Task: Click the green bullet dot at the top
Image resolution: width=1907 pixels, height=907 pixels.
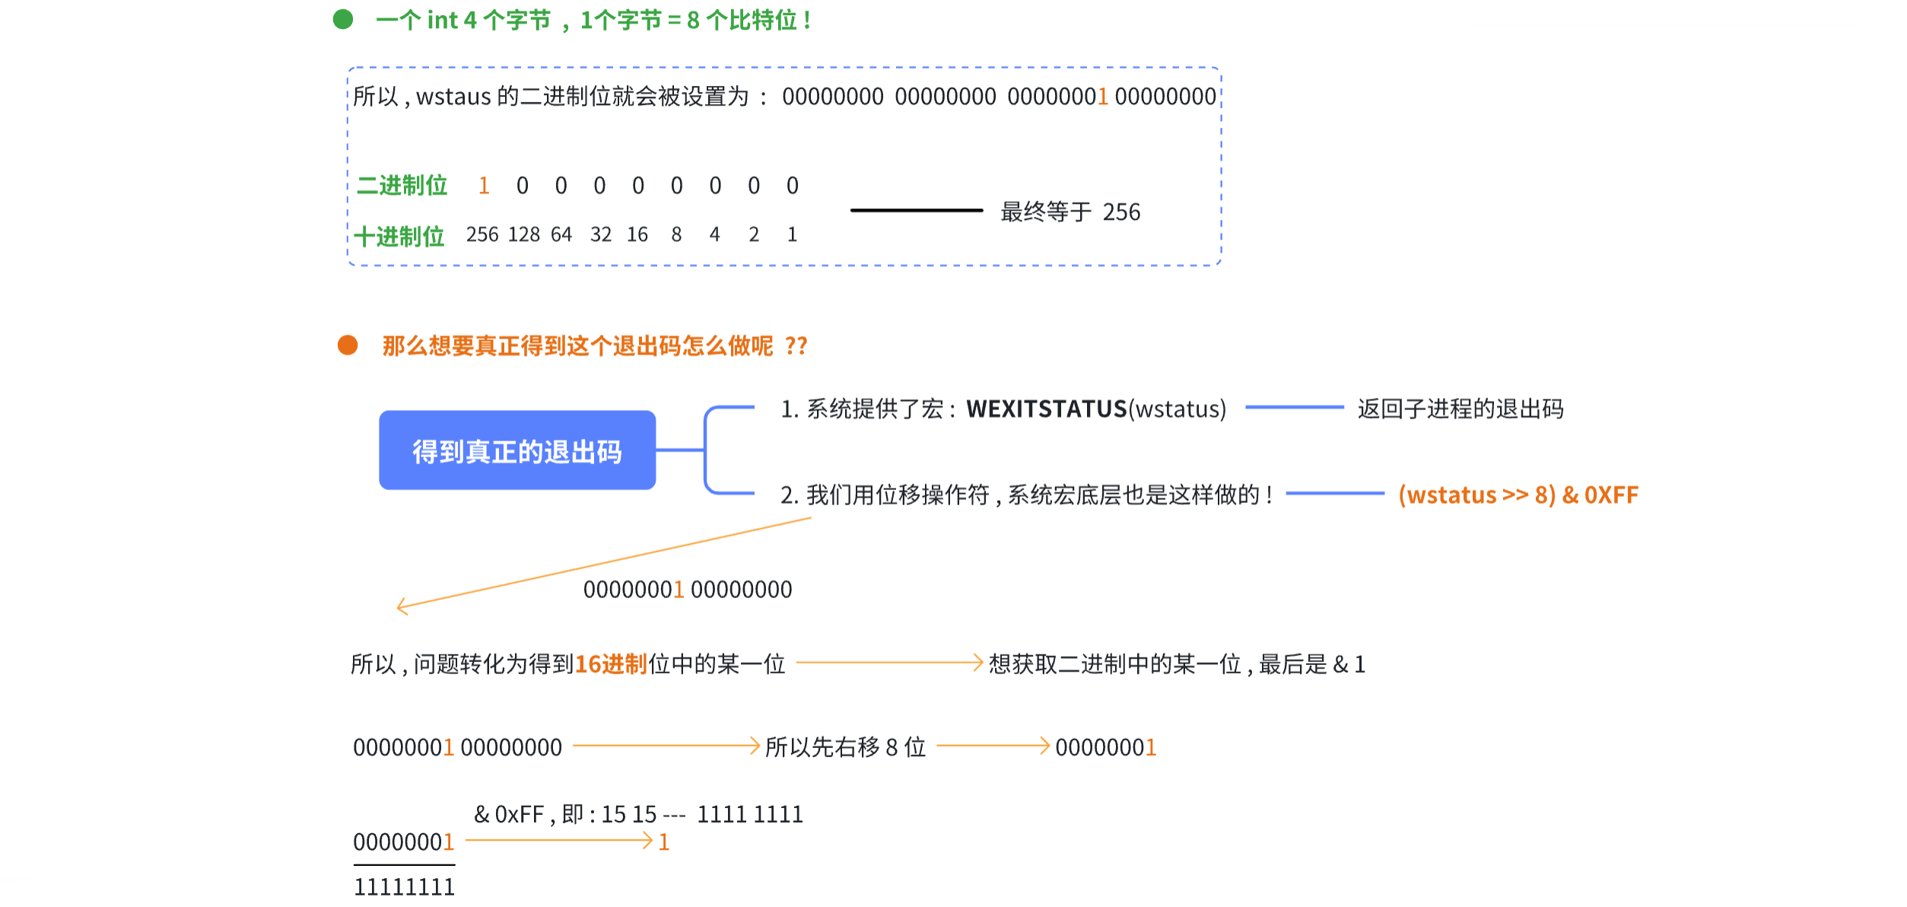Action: (x=343, y=19)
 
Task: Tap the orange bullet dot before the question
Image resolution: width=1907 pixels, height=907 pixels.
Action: (x=348, y=345)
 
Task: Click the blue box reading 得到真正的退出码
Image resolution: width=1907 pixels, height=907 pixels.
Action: (x=517, y=450)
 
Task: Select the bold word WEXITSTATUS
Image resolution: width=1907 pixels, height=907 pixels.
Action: (x=1046, y=409)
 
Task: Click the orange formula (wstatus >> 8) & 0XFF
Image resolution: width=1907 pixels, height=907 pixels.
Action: (x=1518, y=495)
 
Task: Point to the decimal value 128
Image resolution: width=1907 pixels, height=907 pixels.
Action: (x=524, y=235)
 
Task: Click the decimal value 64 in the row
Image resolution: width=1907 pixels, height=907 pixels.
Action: (x=561, y=235)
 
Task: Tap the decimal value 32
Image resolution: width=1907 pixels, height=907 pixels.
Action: (x=601, y=235)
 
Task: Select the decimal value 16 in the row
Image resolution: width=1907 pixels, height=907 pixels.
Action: (x=637, y=235)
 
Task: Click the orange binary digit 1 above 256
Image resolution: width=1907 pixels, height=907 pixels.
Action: (x=484, y=186)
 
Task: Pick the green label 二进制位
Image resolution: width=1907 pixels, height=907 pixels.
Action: (x=402, y=186)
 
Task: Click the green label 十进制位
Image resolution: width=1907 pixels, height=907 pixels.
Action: (x=399, y=237)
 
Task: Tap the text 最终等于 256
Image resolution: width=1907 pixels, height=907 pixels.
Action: (x=1070, y=212)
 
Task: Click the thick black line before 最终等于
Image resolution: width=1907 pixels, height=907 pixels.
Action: (x=917, y=210)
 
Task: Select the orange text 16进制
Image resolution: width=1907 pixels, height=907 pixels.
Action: (x=611, y=664)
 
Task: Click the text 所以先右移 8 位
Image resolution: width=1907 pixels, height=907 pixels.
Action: (x=845, y=747)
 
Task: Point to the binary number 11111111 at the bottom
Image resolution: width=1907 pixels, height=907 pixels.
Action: (x=404, y=887)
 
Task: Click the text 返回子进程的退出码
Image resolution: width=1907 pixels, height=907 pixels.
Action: (x=1460, y=409)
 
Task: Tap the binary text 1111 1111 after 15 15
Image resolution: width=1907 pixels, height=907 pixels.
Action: (x=750, y=815)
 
